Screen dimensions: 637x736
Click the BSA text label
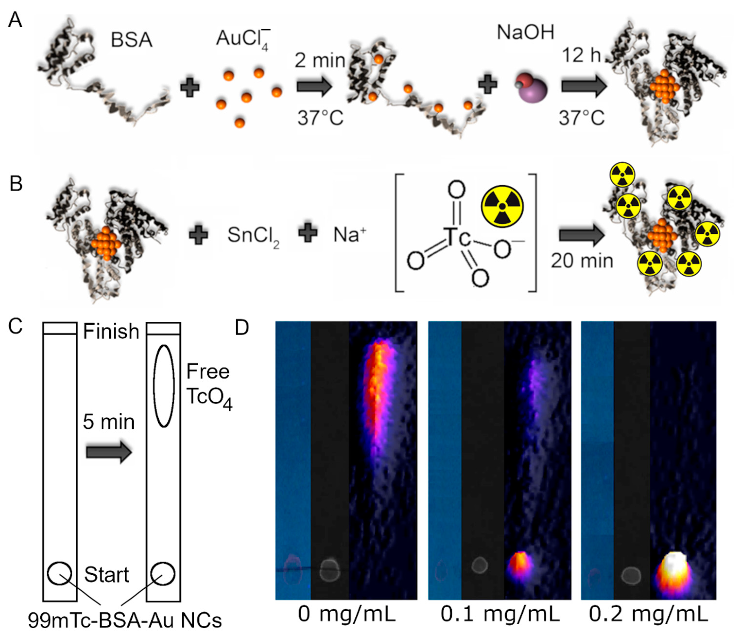click(131, 40)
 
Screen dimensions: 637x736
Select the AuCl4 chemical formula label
click(243, 39)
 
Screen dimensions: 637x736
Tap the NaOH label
click(525, 33)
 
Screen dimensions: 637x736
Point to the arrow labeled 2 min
click(314, 87)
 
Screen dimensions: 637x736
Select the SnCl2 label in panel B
click(253, 236)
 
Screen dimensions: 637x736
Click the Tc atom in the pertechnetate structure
click(457, 237)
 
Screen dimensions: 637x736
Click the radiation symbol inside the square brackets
click(502, 206)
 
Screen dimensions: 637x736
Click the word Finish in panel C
click(111, 332)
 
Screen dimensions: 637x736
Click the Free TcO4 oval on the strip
click(163, 386)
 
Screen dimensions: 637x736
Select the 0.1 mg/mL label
click(500, 614)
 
